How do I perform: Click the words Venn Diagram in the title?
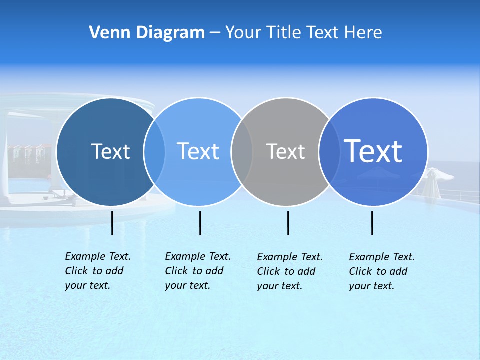(147, 33)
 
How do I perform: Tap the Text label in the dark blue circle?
(111, 151)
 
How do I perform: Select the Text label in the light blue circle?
(198, 151)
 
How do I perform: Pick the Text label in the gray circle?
(285, 151)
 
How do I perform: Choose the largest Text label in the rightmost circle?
(373, 151)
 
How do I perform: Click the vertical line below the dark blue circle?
(112, 223)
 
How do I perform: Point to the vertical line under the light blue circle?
(200, 223)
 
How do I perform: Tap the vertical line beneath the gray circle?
(288, 223)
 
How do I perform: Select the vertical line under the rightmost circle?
(372, 223)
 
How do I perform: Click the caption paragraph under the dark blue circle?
(97, 271)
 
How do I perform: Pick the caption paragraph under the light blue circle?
(197, 271)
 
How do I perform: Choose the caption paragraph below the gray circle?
(289, 271)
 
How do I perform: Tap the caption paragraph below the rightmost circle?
(381, 271)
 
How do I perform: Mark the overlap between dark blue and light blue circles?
(154, 152)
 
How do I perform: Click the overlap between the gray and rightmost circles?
(329, 152)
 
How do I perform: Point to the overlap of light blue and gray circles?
(242, 152)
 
